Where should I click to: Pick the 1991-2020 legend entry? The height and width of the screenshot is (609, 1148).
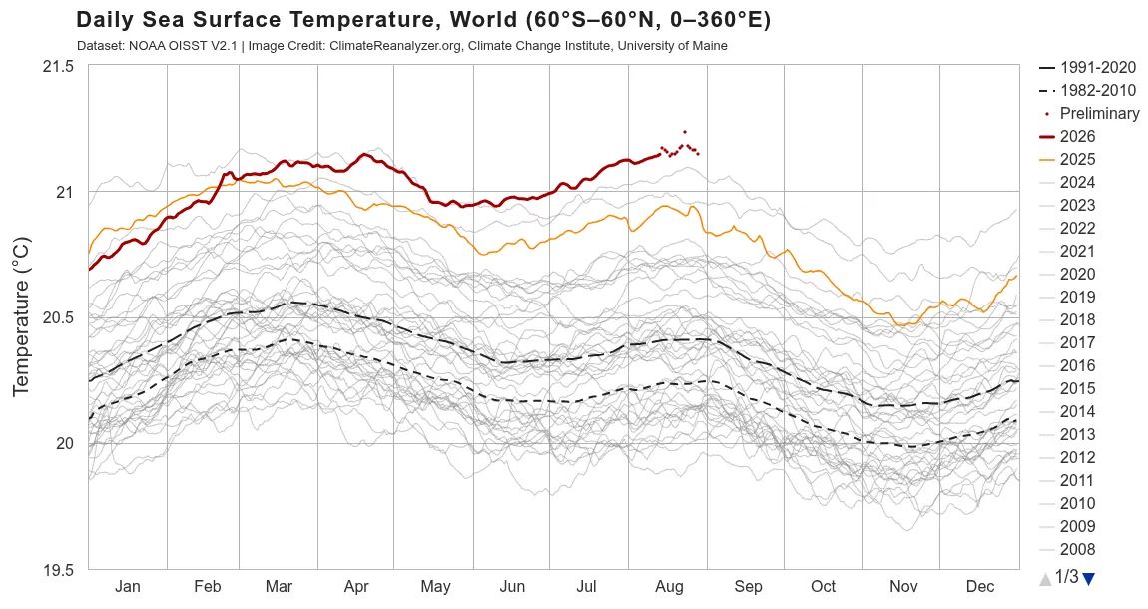(1087, 67)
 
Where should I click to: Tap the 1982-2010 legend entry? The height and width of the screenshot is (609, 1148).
(1087, 90)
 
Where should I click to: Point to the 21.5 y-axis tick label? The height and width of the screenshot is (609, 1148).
(60, 66)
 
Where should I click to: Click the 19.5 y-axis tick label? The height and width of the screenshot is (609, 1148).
(60, 569)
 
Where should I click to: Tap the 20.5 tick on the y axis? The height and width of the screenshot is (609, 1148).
(60, 317)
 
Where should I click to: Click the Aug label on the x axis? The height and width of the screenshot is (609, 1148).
(669, 586)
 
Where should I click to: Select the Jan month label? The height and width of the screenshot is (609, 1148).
(128, 586)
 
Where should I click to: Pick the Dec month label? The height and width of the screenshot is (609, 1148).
(980, 586)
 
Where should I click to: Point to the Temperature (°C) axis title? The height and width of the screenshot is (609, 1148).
(22, 316)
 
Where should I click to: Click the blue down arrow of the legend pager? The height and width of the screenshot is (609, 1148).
(1088, 579)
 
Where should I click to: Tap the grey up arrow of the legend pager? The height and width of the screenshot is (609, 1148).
(1045, 579)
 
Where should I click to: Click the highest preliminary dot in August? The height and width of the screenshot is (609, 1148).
(685, 132)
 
